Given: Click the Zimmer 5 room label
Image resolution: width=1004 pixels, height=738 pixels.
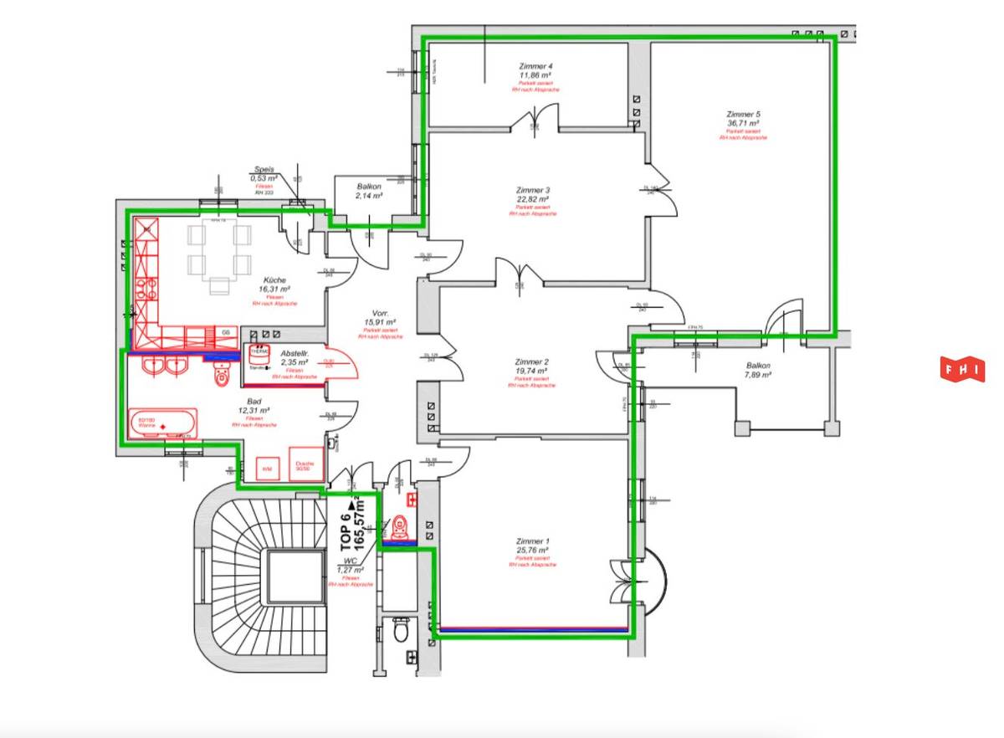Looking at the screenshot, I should (743, 114).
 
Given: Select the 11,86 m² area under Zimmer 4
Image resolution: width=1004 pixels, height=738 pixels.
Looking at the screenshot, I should (535, 74).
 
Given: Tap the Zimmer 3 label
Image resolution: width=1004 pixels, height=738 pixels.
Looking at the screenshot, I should (532, 190).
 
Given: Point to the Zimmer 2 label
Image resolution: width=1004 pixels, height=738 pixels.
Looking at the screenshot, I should (531, 362).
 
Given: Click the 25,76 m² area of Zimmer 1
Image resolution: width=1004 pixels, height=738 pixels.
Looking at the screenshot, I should (532, 551).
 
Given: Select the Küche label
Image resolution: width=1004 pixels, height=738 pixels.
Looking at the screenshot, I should (274, 280).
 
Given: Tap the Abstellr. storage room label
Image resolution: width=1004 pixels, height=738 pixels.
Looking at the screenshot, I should (295, 354).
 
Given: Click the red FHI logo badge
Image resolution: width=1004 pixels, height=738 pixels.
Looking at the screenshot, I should (962, 370).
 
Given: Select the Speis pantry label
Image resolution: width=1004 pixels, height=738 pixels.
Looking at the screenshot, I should (264, 169).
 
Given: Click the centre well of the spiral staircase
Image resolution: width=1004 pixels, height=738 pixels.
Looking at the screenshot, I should (294, 577).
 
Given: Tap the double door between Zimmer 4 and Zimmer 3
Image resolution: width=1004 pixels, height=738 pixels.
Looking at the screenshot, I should (535, 124).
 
